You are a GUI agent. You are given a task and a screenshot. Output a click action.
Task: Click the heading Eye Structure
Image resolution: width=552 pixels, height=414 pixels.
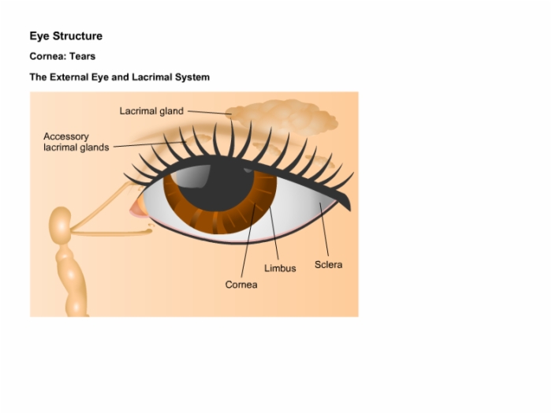(65, 36)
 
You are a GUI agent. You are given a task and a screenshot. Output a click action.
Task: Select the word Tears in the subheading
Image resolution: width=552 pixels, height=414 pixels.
(82, 56)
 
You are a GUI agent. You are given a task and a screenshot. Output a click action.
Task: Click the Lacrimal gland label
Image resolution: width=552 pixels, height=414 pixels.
(151, 111)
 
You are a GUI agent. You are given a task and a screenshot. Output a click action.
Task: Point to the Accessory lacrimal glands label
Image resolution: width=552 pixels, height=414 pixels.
(76, 142)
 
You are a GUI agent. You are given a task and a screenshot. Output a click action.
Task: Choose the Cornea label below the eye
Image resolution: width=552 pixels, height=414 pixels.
(241, 285)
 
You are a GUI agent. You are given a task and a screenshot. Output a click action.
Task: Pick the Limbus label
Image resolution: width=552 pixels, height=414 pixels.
(280, 268)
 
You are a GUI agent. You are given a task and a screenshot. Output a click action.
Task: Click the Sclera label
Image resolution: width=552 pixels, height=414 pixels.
(329, 265)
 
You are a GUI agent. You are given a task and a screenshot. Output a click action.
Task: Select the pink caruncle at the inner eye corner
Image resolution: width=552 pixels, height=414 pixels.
(137, 208)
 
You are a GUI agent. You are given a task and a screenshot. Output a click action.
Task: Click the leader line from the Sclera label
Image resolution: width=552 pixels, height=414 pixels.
(324, 229)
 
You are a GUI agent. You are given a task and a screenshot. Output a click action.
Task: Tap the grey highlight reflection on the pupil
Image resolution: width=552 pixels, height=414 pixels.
(192, 176)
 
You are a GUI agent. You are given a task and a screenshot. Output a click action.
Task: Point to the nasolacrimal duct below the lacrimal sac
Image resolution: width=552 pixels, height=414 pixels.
(73, 280)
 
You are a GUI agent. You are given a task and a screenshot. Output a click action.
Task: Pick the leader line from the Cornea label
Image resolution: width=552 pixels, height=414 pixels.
(248, 241)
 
